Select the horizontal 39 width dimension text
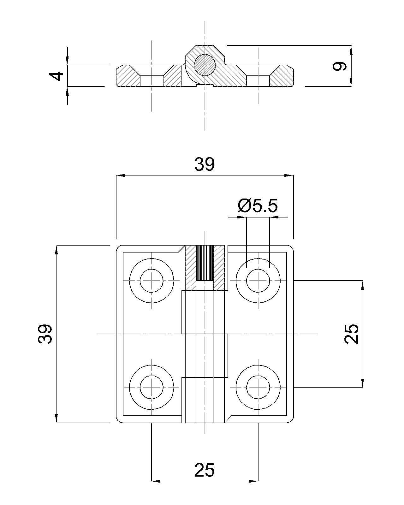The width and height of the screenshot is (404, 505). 205,164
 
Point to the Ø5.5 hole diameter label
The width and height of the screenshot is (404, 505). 258,206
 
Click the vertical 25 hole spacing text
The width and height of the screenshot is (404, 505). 351,334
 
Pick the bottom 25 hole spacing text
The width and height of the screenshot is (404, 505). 205,470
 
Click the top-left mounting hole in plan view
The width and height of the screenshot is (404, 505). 151,281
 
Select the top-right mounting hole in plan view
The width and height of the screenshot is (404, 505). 258,281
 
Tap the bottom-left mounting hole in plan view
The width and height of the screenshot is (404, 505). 151,387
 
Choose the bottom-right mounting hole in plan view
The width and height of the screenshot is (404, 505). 258,387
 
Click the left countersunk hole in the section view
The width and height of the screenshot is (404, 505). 151,80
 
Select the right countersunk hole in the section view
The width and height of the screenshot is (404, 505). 258,80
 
